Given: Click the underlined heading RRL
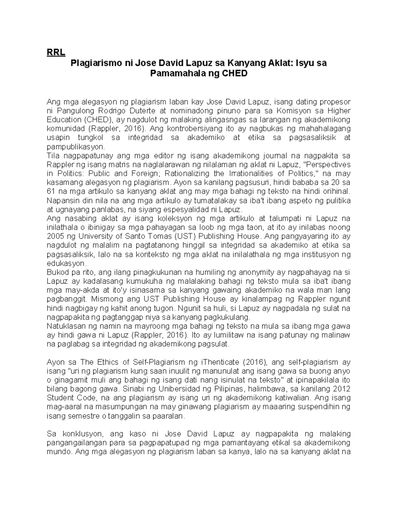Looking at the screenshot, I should click(56, 52).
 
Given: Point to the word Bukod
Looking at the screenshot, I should click(56, 272).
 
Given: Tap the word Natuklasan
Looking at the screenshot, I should click(63, 326).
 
